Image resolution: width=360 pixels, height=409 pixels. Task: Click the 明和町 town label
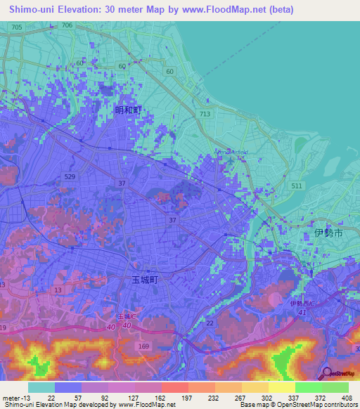click(x=128, y=110)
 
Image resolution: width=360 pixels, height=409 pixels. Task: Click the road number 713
click(x=205, y=114)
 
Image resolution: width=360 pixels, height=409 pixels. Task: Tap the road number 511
click(x=297, y=186)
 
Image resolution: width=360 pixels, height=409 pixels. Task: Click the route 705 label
click(x=17, y=27)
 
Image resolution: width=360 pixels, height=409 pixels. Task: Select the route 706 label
click(x=67, y=25)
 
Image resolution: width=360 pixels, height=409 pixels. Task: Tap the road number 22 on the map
click(x=210, y=323)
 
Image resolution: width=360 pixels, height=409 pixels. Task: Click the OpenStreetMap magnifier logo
click(x=325, y=372)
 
